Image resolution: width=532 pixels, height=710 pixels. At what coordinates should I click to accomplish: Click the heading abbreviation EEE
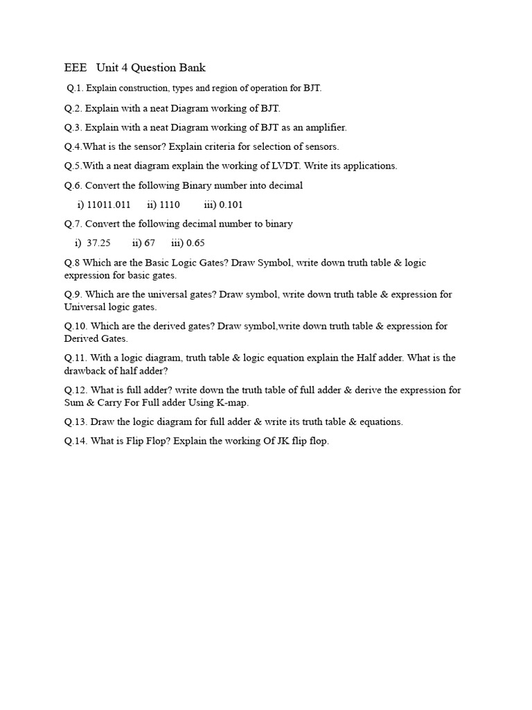(x=76, y=67)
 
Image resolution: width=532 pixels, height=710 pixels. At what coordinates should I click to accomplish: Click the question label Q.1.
(x=75, y=88)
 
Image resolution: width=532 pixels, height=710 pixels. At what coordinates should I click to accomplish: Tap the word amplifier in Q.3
(x=323, y=128)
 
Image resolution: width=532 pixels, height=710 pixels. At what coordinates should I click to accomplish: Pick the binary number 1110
(x=169, y=205)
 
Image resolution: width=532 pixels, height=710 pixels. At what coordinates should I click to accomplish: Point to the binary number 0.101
(x=231, y=205)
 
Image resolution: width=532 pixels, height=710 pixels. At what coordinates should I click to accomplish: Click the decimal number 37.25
(x=98, y=243)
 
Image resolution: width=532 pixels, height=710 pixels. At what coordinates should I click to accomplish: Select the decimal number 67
(x=149, y=243)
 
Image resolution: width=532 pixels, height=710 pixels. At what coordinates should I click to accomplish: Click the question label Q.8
(x=72, y=263)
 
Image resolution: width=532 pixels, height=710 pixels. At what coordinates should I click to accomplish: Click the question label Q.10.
(x=76, y=326)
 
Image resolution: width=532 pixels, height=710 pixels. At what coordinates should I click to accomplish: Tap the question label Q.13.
(x=76, y=422)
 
